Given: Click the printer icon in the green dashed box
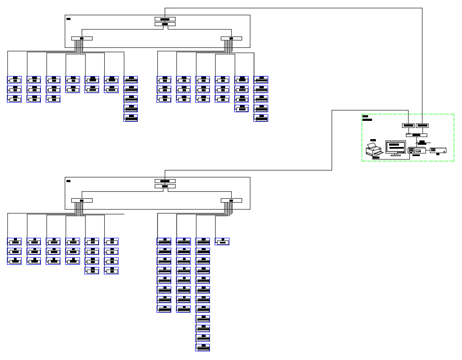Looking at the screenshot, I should coord(374,150).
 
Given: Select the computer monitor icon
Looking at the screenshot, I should coord(395,147).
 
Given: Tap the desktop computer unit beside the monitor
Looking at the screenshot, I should coord(416,150).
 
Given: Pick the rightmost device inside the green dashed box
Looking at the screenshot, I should coord(438,150).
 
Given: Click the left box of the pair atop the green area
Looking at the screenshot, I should coord(408,126).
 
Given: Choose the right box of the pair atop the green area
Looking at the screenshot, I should coord(422,126).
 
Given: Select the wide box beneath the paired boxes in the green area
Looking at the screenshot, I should coord(416,135).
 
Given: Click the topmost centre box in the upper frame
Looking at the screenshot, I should coord(165,19).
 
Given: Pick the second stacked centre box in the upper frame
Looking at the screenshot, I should coord(165,24).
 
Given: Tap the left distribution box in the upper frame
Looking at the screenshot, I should coord(82,38).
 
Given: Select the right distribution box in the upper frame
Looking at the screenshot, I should coord(231,38).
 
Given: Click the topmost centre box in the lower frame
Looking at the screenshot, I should coord(165,181).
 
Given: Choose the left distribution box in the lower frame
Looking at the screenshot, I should coord(82,200).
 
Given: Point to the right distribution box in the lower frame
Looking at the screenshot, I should coord(231,200).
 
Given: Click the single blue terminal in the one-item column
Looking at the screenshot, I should coord(222,242).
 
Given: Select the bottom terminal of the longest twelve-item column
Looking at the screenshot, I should coord(203,347).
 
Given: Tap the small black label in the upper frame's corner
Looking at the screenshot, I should coord(68,19).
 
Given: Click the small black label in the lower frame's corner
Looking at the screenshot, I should coord(68,181).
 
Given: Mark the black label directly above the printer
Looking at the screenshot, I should coord(373,140).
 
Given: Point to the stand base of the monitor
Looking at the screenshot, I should coord(396,155).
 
